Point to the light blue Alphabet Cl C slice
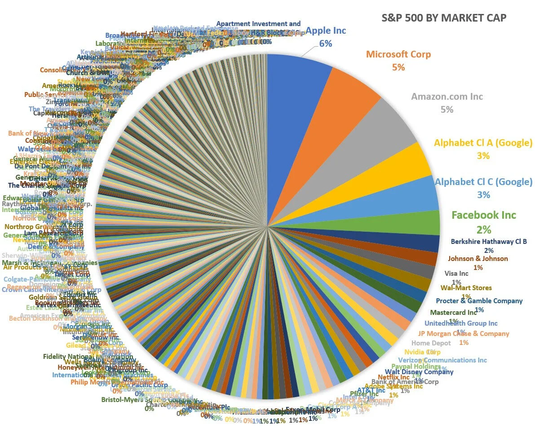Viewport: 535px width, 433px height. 404,198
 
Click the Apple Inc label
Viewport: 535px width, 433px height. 326,31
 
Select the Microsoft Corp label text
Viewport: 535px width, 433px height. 398,54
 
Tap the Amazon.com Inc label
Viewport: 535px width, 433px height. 447,97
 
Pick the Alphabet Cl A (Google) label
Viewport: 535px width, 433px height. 483,143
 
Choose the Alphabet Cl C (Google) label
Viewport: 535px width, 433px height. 483,182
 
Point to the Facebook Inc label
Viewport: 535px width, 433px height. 484,215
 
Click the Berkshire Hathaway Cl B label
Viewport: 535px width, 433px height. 489,242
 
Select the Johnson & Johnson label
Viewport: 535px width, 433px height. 478,258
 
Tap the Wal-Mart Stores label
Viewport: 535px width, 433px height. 466,287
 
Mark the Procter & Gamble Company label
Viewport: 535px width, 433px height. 479,301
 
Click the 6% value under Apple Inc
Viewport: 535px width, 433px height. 326,44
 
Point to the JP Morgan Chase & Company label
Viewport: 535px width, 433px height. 464,334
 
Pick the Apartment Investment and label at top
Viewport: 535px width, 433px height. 258,24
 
